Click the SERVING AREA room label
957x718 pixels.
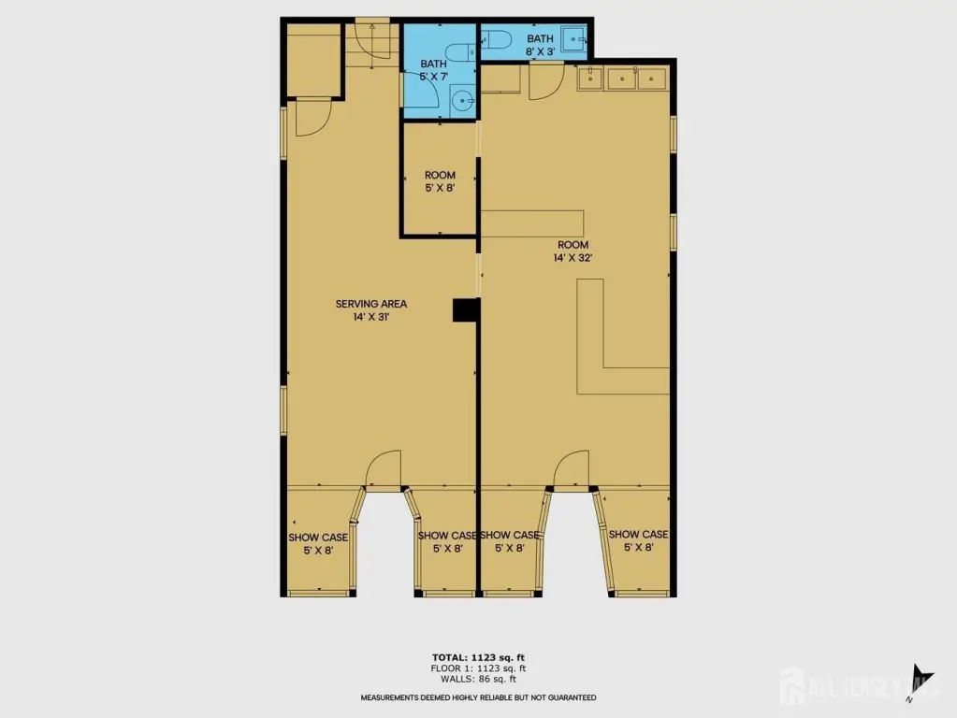click(x=371, y=309)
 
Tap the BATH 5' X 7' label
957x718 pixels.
click(x=433, y=69)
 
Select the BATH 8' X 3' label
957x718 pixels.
click(x=540, y=45)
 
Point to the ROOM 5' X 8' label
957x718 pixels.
click(x=440, y=181)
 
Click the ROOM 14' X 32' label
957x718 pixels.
click(x=573, y=251)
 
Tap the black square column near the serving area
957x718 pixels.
click(x=466, y=309)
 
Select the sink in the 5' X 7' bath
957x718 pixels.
click(x=463, y=99)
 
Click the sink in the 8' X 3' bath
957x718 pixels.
click(x=573, y=39)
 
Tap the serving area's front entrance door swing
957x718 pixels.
click(x=384, y=468)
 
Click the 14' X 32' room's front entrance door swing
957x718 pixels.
click(x=572, y=468)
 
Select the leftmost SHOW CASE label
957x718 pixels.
click(x=318, y=543)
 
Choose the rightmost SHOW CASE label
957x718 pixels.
click(x=638, y=540)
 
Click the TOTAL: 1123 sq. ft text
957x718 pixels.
click(x=479, y=657)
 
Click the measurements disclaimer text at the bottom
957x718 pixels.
click(x=479, y=697)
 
